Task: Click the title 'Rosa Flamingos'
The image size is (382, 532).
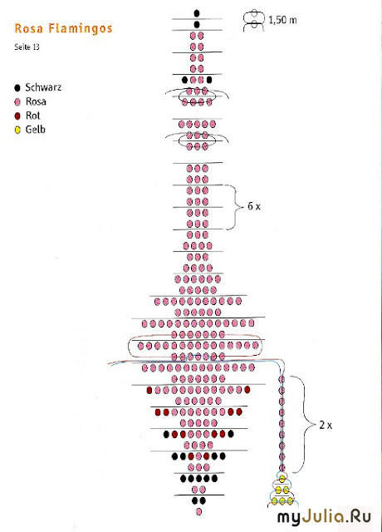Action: pos(63,28)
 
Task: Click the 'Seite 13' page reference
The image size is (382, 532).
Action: pos(27,47)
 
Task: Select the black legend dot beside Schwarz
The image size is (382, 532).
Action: pos(17,88)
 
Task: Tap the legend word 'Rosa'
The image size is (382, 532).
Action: pos(36,101)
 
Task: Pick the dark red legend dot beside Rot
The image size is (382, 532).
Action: pos(17,116)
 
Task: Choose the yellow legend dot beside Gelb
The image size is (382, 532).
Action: pos(17,130)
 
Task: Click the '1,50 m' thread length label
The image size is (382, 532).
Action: pos(282,20)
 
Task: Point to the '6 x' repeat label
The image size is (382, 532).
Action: pos(254,206)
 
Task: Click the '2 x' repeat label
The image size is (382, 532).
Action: pos(326,425)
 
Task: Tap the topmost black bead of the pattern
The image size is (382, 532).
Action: pos(197,13)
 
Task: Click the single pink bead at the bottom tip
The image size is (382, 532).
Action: pos(199,512)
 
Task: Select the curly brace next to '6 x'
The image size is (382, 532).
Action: pos(237,207)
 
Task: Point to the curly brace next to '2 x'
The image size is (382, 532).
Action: pos(306,424)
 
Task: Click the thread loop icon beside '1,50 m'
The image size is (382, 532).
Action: pos(253,21)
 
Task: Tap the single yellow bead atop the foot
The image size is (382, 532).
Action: pos(282,479)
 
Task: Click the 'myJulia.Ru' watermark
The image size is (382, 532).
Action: pos(325,517)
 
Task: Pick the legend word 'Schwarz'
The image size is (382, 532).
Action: pos(43,87)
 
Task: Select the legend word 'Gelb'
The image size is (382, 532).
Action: pos(36,130)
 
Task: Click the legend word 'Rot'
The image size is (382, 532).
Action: pos(33,116)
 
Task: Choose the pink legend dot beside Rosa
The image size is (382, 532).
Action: pos(17,102)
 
